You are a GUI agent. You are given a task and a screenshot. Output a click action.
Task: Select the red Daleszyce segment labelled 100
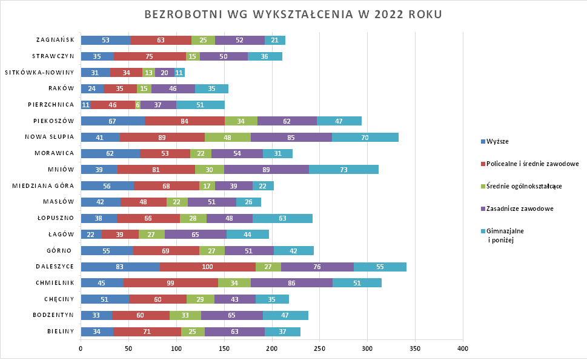coord(208,267)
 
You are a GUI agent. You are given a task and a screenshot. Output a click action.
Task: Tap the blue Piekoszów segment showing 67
coord(113,121)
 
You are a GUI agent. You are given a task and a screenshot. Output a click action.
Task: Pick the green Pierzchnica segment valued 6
coord(138,105)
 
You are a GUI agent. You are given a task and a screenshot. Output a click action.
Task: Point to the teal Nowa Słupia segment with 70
coord(365,138)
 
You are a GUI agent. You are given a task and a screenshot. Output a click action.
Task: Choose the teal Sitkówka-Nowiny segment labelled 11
coord(179,73)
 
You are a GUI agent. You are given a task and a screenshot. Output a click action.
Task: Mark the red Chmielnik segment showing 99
coord(171,283)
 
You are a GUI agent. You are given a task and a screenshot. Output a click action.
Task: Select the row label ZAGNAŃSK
coord(55,41)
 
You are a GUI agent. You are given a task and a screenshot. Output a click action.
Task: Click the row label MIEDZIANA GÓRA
coord(44,186)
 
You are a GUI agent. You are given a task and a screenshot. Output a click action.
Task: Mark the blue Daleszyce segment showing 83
coord(120,267)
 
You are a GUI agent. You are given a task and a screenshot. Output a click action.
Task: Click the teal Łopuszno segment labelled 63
coord(282,218)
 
